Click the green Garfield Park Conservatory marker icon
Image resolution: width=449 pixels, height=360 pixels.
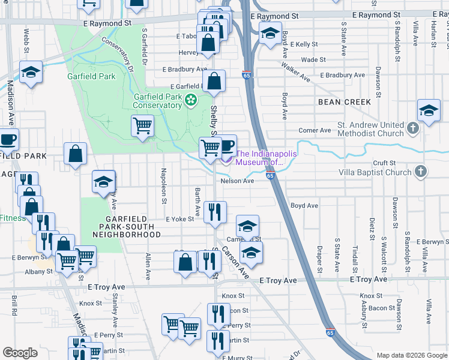191,100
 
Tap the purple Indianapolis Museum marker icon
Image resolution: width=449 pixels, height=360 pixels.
226,158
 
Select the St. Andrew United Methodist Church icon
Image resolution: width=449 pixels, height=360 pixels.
413,128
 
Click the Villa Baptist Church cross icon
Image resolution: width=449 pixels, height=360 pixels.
420,172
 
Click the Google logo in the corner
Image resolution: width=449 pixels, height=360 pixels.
20,353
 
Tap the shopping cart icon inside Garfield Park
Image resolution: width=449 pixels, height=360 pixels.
142,126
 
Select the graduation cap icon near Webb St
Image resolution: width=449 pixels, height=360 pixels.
30,73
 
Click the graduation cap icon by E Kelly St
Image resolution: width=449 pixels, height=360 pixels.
270,34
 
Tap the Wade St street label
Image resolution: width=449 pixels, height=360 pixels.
313,60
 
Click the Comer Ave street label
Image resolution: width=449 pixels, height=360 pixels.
315,130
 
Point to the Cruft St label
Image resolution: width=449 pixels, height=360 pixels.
384,163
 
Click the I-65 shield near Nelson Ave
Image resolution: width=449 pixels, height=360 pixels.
270,176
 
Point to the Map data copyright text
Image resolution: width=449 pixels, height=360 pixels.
412,355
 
